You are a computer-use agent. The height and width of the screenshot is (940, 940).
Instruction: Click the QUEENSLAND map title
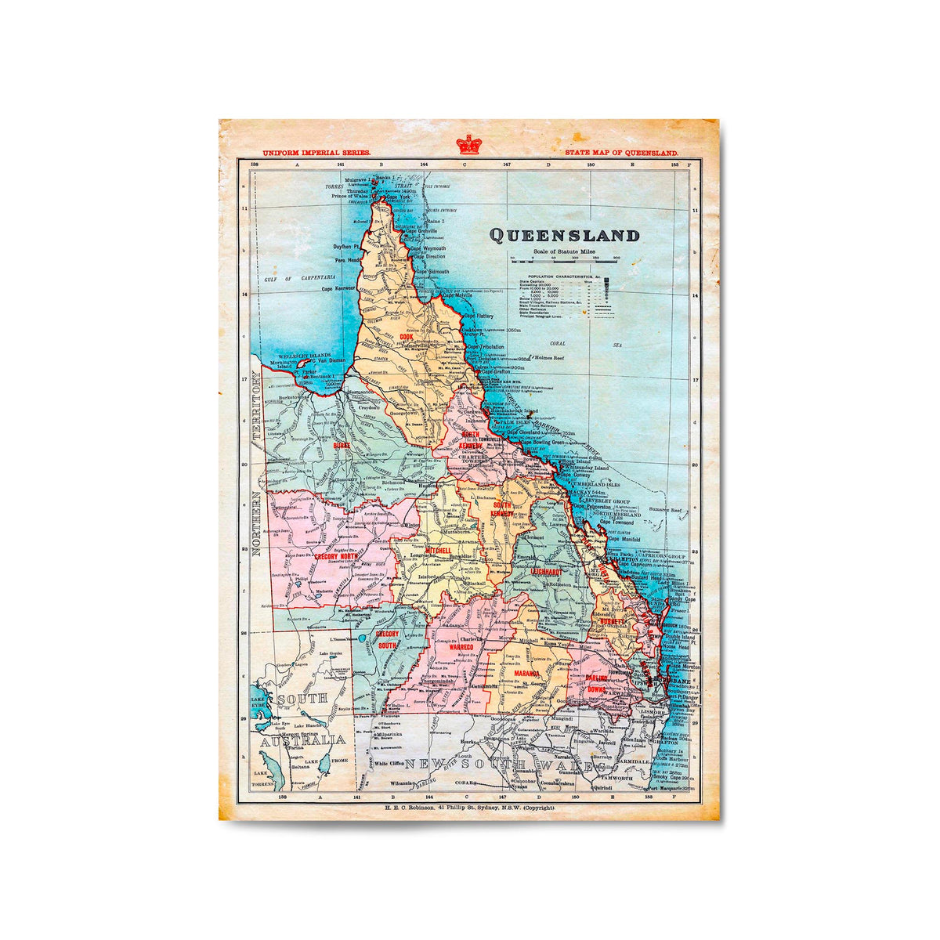[564, 235]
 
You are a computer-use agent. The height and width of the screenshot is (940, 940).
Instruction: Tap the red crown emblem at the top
[469, 144]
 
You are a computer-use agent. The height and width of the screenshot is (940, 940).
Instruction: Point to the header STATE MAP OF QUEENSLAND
[621, 154]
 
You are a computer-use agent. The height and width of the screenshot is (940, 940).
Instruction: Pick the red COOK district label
[406, 337]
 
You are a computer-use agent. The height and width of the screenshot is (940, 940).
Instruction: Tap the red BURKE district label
[342, 445]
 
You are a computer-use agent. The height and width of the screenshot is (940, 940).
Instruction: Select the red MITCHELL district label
[438, 551]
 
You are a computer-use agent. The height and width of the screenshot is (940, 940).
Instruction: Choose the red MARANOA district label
[527, 673]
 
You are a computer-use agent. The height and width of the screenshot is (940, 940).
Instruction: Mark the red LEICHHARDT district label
[551, 572]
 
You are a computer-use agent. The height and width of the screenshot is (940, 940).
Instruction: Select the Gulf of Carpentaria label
[300, 278]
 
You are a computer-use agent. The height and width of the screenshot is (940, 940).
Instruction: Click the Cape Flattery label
[479, 316]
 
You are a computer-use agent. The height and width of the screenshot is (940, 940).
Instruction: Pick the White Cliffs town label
[389, 763]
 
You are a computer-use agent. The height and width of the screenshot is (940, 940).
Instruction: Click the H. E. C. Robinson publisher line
[469, 807]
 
